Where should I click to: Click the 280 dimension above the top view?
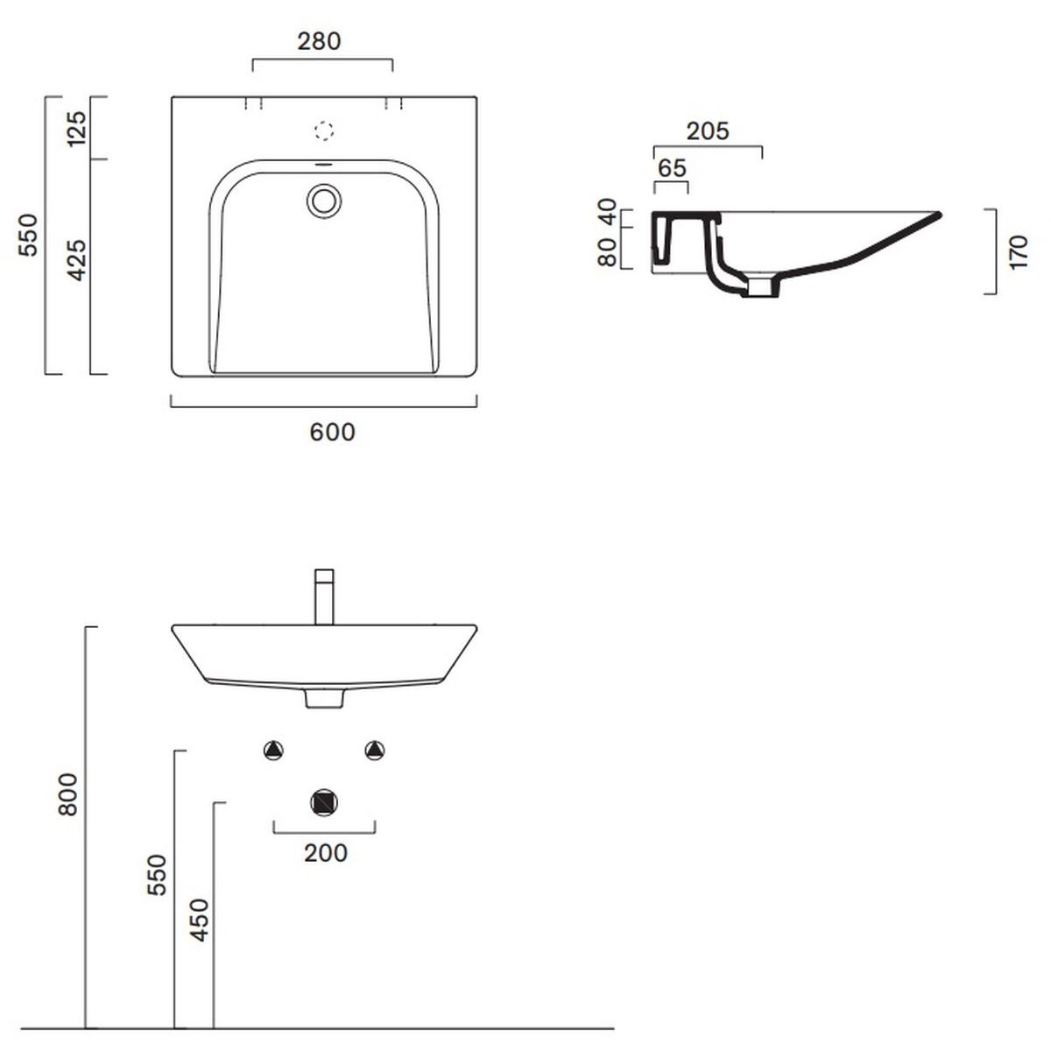coord(319,41)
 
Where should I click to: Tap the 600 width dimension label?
coord(332,433)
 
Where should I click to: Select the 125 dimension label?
coord(77,128)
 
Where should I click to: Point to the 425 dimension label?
coord(77,260)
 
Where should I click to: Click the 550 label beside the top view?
coord(28,235)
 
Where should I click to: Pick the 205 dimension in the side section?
coord(708,131)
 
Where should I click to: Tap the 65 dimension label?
coord(672,168)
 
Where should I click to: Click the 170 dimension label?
coord(1018,252)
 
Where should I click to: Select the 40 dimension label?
coord(607,212)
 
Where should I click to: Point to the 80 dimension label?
coord(607,253)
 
